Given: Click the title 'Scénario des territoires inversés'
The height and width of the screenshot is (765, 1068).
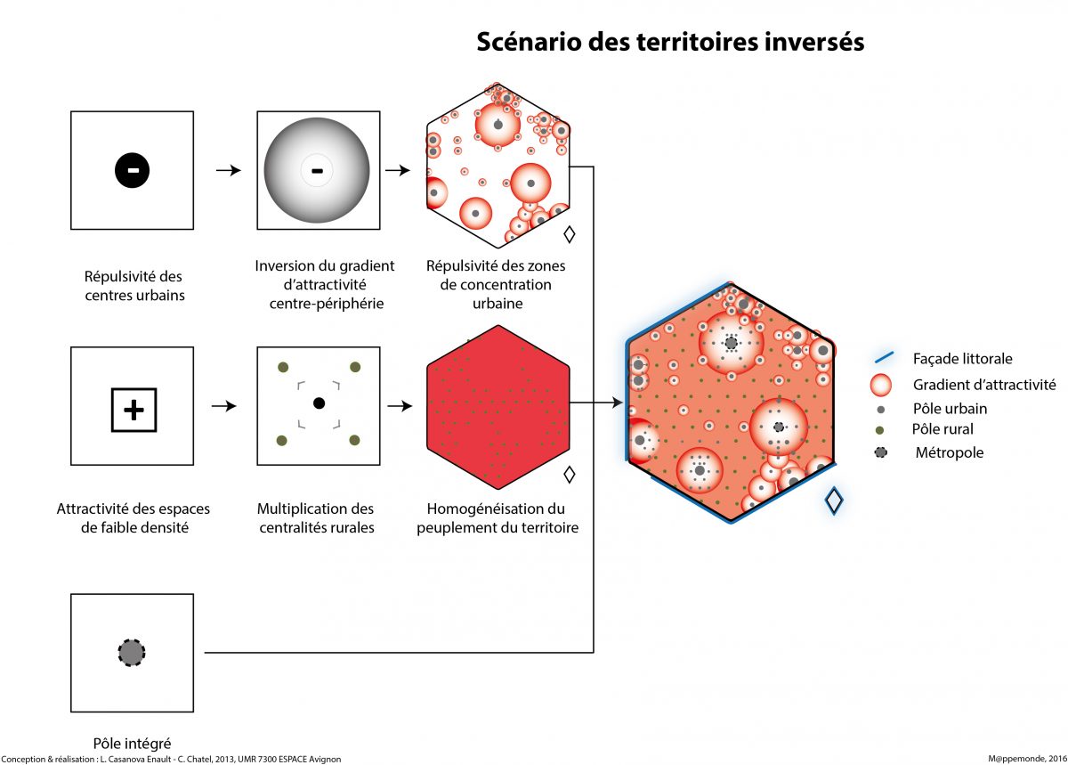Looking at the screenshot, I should click(670, 42).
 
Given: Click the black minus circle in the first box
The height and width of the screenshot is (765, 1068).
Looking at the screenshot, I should click(132, 169).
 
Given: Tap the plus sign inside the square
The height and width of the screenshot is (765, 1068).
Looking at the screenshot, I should click(133, 410).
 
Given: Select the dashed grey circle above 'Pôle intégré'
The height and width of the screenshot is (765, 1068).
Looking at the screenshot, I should click(131, 654).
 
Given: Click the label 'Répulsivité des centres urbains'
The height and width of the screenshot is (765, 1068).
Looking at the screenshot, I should click(133, 285).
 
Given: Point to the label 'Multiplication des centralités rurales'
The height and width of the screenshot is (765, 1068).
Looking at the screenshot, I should click(315, 517).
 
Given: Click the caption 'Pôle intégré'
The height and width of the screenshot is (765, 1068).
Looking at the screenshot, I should click(132, 743).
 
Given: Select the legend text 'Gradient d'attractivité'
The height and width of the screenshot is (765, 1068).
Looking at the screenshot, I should click(983, 385).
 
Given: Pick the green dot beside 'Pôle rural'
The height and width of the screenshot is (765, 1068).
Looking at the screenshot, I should click(880, 429).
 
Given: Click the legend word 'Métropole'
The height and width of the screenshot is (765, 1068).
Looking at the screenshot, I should click(949, 452).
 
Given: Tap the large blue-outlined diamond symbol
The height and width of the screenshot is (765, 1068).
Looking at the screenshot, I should click(833, 501).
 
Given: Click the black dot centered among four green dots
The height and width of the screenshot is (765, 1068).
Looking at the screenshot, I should click(319, 403).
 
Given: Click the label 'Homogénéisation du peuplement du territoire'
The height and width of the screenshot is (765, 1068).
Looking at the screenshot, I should click(496, 517).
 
